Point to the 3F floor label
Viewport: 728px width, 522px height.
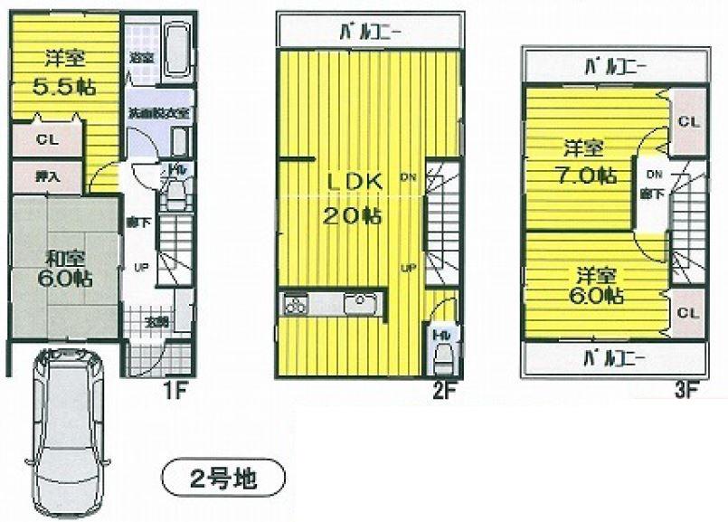click(686, 391)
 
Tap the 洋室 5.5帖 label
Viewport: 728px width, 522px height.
click(64, 72)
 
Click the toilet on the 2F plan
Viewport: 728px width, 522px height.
click(441, 354)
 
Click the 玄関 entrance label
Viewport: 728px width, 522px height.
click(156, 321)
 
